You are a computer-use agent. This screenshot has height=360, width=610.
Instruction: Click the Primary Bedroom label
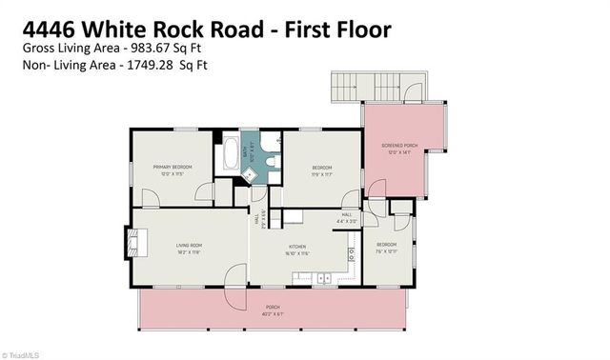click(173, 167)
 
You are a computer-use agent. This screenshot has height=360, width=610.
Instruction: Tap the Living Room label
click(188, 246)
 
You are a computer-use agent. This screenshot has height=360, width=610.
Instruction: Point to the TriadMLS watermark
click(23, 353)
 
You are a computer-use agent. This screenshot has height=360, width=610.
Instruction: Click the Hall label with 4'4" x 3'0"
click(349, 218)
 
